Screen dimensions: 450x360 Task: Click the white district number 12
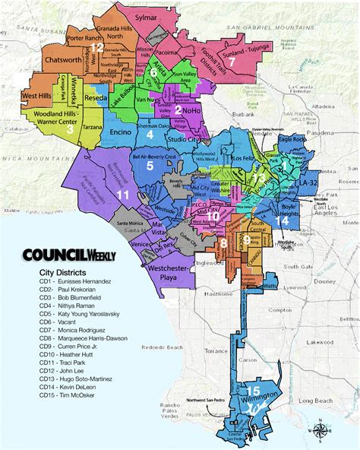coord(96,47)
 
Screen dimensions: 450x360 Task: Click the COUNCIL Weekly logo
coord(68,256)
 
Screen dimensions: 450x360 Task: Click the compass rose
coord(320,429)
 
